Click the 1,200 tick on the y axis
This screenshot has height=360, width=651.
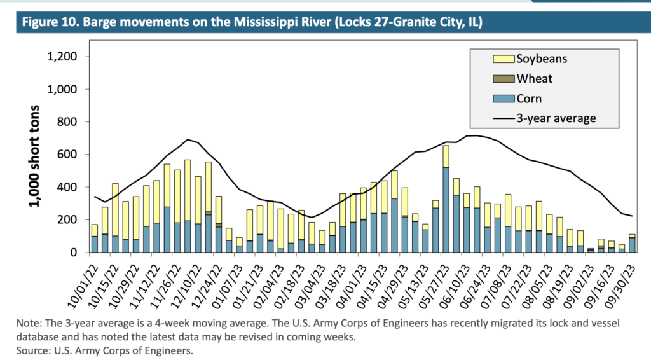click(x=62, y=57)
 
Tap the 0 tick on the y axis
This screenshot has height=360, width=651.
click(x=74, y=253)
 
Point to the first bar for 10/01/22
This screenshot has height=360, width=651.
click(x=95, y=242)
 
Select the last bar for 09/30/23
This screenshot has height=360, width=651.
click(x=632, y=245)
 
